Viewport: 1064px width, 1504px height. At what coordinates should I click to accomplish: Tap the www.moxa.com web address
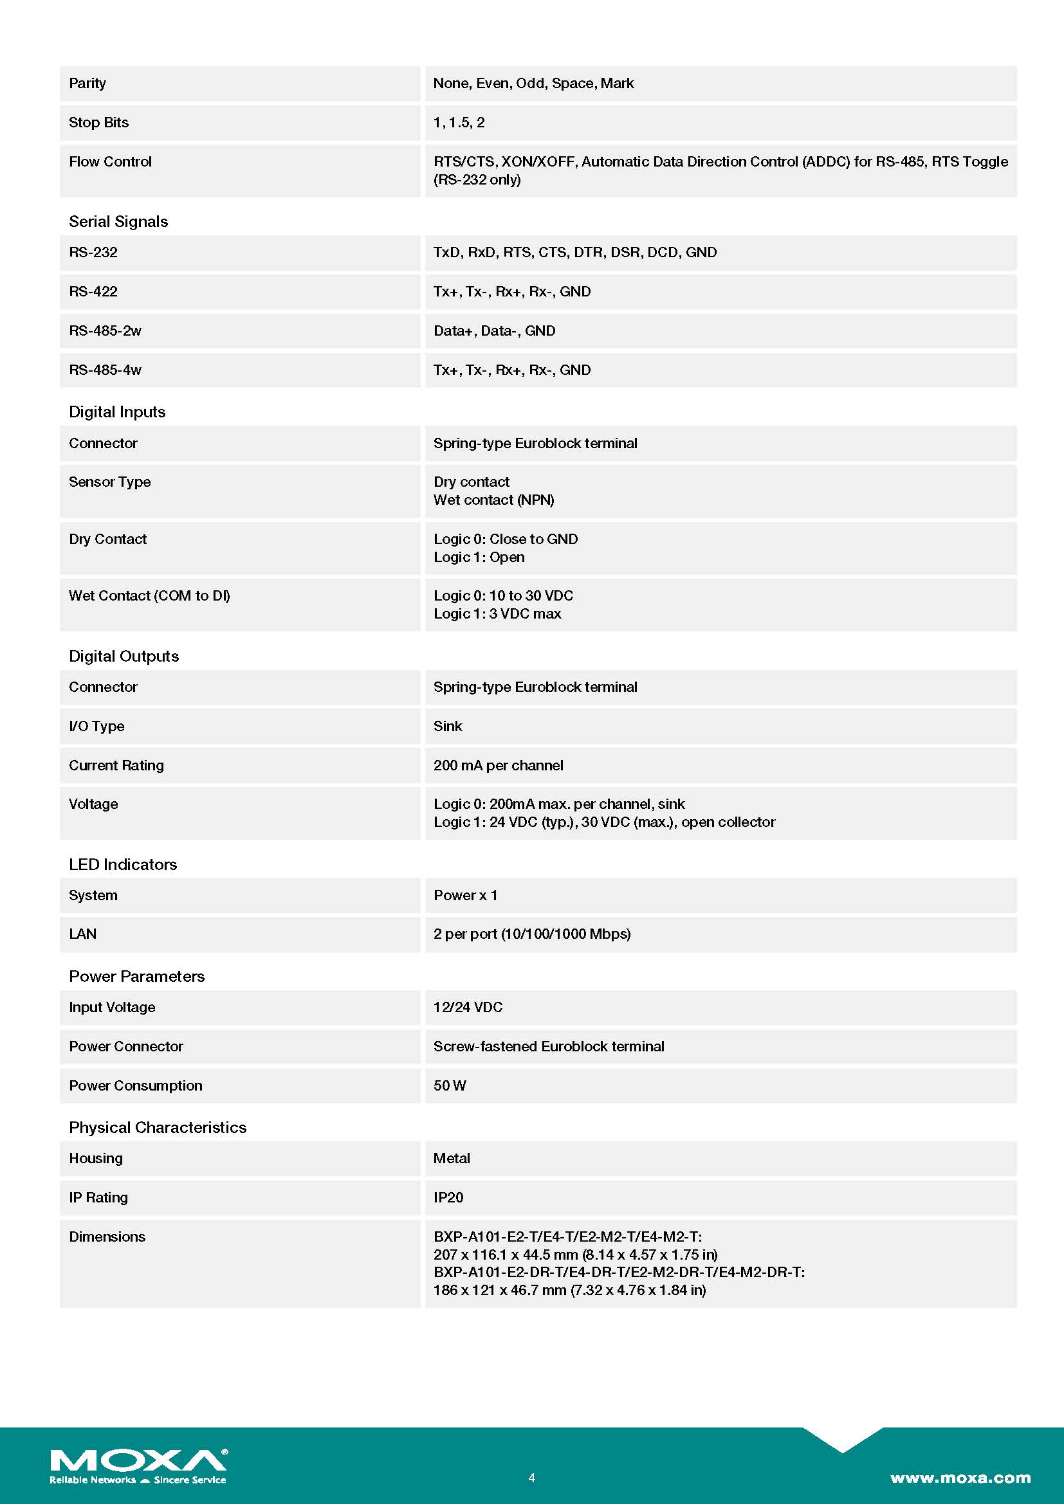point(960,1477)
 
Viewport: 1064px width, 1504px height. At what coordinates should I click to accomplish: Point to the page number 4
point(532,1477)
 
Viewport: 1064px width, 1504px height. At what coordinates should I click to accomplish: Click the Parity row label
point(87,83)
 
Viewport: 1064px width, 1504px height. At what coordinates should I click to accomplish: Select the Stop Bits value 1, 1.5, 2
point(459,123)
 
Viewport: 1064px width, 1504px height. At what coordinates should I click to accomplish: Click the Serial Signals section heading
point(118,221)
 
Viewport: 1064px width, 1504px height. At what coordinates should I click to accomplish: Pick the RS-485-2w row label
point(105,331)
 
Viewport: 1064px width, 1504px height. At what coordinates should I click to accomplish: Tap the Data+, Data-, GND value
point(494,331)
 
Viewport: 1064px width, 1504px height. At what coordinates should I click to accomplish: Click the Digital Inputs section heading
point(116,412)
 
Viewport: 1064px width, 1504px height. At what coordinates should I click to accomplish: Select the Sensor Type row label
point(109,482)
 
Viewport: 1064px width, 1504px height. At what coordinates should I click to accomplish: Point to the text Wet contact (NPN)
point(493,500)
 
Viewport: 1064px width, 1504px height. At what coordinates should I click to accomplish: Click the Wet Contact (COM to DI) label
point(149,595)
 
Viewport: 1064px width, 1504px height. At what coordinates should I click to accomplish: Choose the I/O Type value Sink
point(448,726)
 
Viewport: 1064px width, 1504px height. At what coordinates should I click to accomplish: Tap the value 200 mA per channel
point(498,765)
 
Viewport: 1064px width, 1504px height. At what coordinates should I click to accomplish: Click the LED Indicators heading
point(122,864)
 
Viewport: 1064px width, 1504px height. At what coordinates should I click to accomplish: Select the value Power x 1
point(465,895)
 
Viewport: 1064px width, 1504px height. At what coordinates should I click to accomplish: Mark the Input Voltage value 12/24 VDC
point(468,1007)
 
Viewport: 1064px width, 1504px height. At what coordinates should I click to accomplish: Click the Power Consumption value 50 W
point(450,1085)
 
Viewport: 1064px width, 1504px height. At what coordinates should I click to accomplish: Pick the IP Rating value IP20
point(448,1197)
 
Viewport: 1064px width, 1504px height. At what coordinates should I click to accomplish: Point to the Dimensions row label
point(107,1237)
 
